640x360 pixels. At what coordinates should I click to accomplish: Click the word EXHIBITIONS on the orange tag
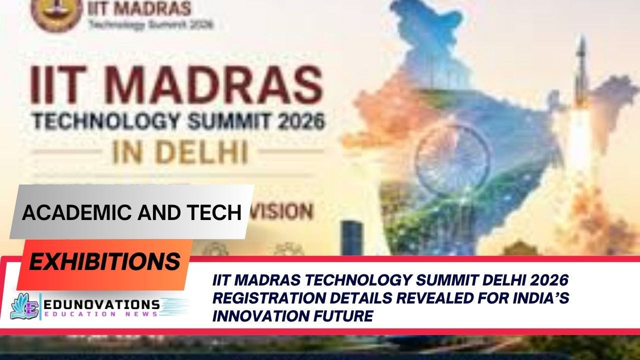[105, 261]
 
